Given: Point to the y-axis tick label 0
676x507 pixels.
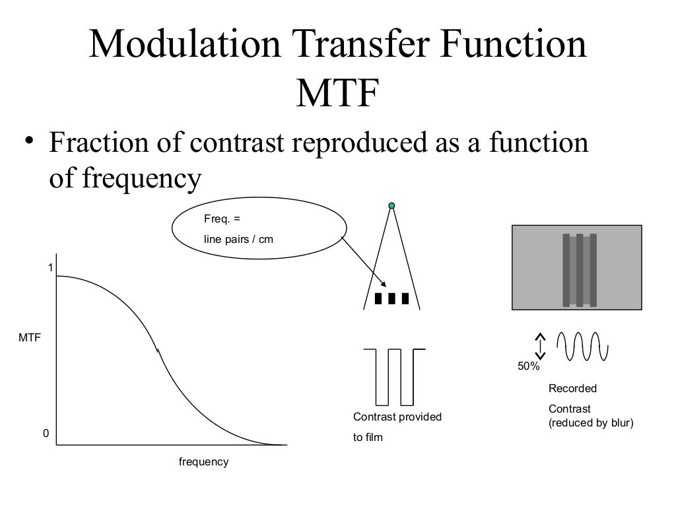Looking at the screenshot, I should [46, 434].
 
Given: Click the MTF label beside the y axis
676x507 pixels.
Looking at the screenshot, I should [30, 337].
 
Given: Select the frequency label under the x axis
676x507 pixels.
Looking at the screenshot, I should [203, 462].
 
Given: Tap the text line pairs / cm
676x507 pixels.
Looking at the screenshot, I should [238, 239].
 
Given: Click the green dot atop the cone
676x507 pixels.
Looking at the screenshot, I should [391, 207].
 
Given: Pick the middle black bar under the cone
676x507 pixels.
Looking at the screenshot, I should [392, 298].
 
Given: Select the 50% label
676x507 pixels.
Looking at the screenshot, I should [528, 366].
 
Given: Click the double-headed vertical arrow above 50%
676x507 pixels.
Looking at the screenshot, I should [541, 345].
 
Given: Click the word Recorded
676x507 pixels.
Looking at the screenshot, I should [572, 389].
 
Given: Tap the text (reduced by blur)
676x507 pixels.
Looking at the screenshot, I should [591, 423].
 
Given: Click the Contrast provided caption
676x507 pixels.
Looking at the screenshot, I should [397, 417].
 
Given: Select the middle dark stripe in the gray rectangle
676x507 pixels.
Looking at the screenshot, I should [580, 270].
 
